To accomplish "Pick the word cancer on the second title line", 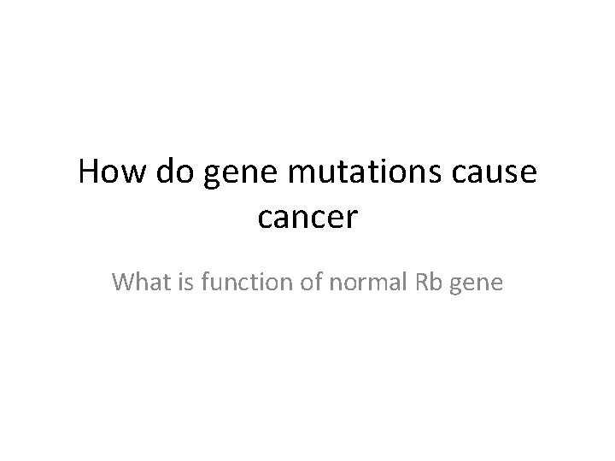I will coord(307,219).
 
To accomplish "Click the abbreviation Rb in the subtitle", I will coord(422,282).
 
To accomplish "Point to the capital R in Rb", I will coord(416,282).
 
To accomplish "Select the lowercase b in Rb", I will coord(430,282).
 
